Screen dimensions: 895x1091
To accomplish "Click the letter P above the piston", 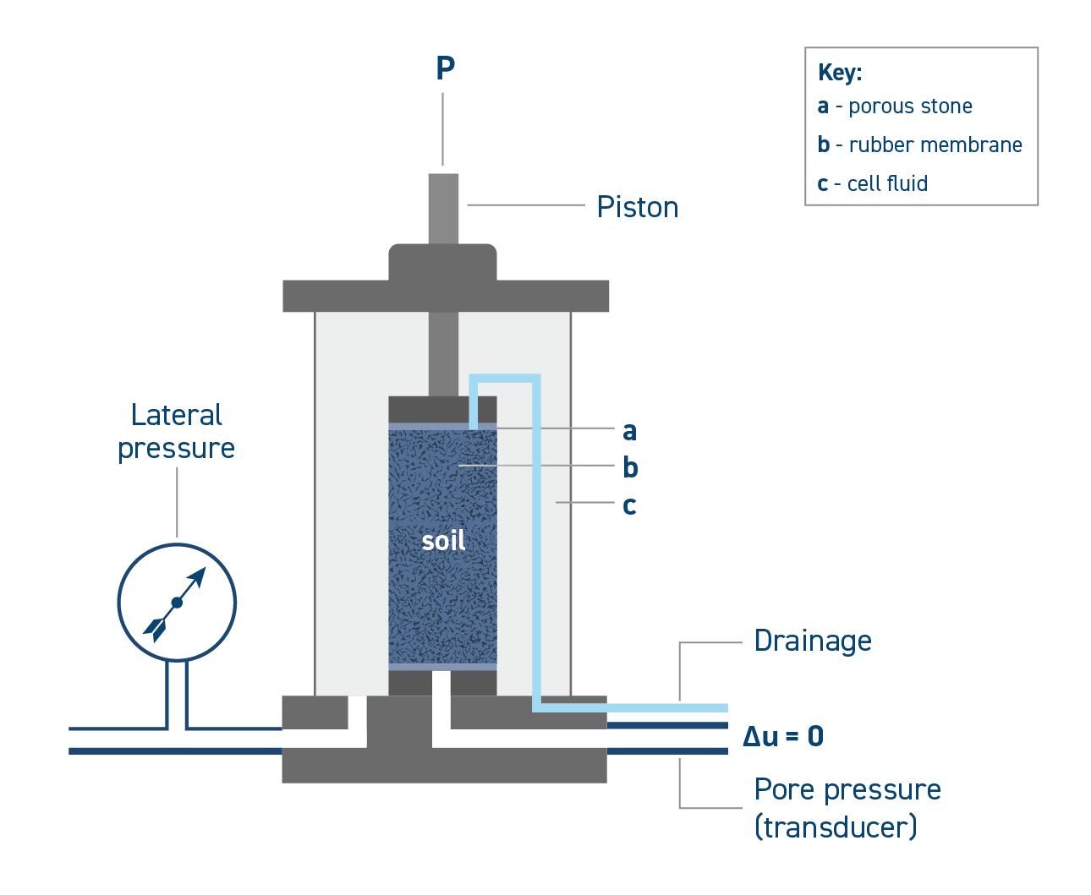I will click(445, 68).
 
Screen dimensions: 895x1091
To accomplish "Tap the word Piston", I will click(638, 207).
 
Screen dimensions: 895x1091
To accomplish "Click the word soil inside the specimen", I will click(443, 541).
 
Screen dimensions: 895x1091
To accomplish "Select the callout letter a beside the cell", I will click(629, 431).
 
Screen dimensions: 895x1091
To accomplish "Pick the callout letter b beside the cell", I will click(630, 467).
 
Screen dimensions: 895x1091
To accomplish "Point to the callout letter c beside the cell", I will click(629, 505).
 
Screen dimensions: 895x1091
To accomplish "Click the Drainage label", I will click(812, 641).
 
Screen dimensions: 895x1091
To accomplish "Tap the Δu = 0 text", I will click(783, 737).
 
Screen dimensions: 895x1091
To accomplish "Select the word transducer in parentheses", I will click(836, 827).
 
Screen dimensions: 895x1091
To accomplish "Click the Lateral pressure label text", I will click(177, 432).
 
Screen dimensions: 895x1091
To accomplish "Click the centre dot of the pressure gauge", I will click(177, 603).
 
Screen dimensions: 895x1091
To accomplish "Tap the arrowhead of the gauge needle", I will click(198, 577).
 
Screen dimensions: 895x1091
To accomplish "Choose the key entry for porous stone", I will click(895, 106).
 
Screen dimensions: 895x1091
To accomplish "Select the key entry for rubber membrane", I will click(920, 145).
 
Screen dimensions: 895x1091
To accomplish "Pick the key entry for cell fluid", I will click(873, 183).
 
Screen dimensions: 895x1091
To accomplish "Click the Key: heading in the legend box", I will click(840, 73).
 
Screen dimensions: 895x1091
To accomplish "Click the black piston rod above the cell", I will click(443, 207).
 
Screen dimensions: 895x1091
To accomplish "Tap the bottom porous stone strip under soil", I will click(410, 667).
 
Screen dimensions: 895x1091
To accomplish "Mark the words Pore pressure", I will click(847, 789).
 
